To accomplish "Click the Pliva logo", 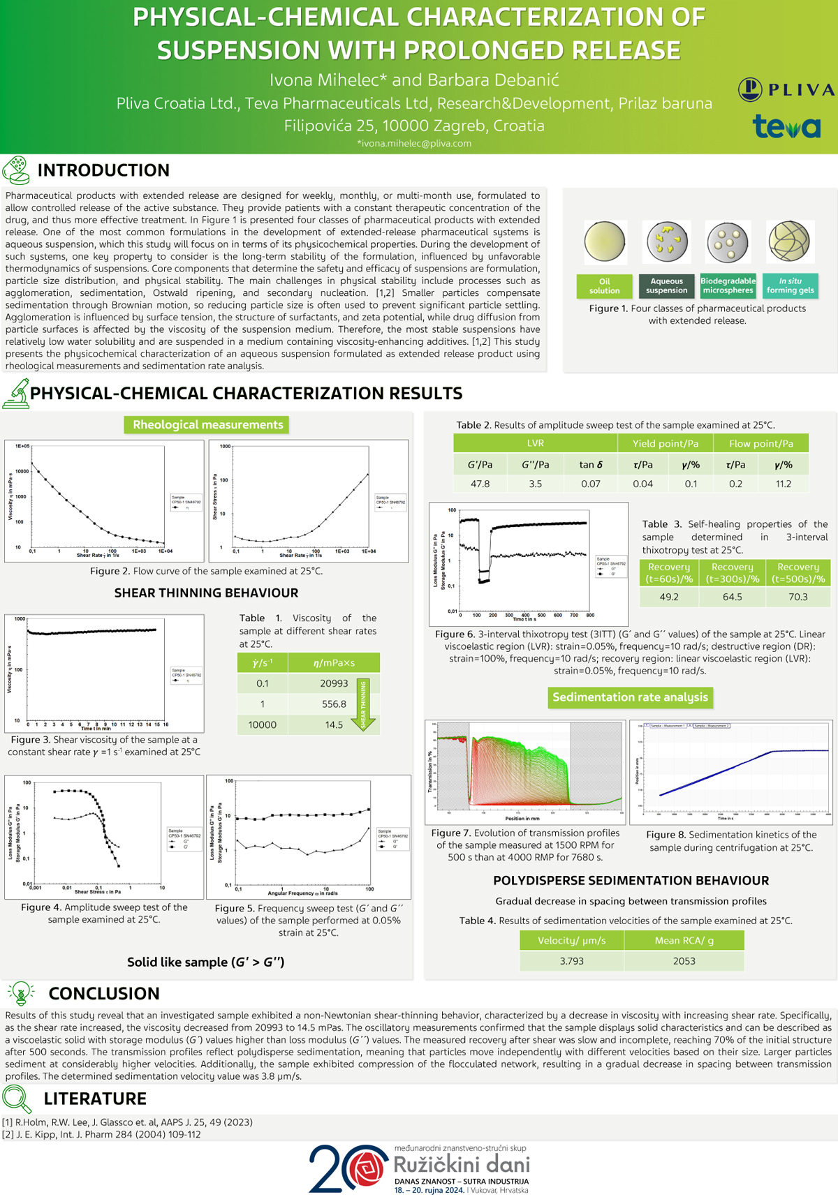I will (786, 89).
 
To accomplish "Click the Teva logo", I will (786, 126).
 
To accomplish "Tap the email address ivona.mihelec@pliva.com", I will (414, 143).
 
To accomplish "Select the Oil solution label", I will (604, 286).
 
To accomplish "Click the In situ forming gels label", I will (790, 286).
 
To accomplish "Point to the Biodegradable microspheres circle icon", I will (728, 242).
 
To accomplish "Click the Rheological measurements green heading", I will (207, 424).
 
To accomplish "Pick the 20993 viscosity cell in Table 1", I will (334, 683).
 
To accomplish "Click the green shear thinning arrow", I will (363, 704).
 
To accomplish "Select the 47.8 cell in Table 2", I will (480, 484).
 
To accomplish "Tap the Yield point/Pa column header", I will (665, 443).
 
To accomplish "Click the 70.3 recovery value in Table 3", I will (797, 597).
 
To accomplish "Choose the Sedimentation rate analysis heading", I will (630, 697).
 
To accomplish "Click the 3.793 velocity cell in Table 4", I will (571, 961).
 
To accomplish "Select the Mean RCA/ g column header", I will (684, 940).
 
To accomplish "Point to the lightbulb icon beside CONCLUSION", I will (21, 992).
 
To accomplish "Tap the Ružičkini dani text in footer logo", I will (462, 1164).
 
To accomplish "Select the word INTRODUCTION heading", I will (103, 170).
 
